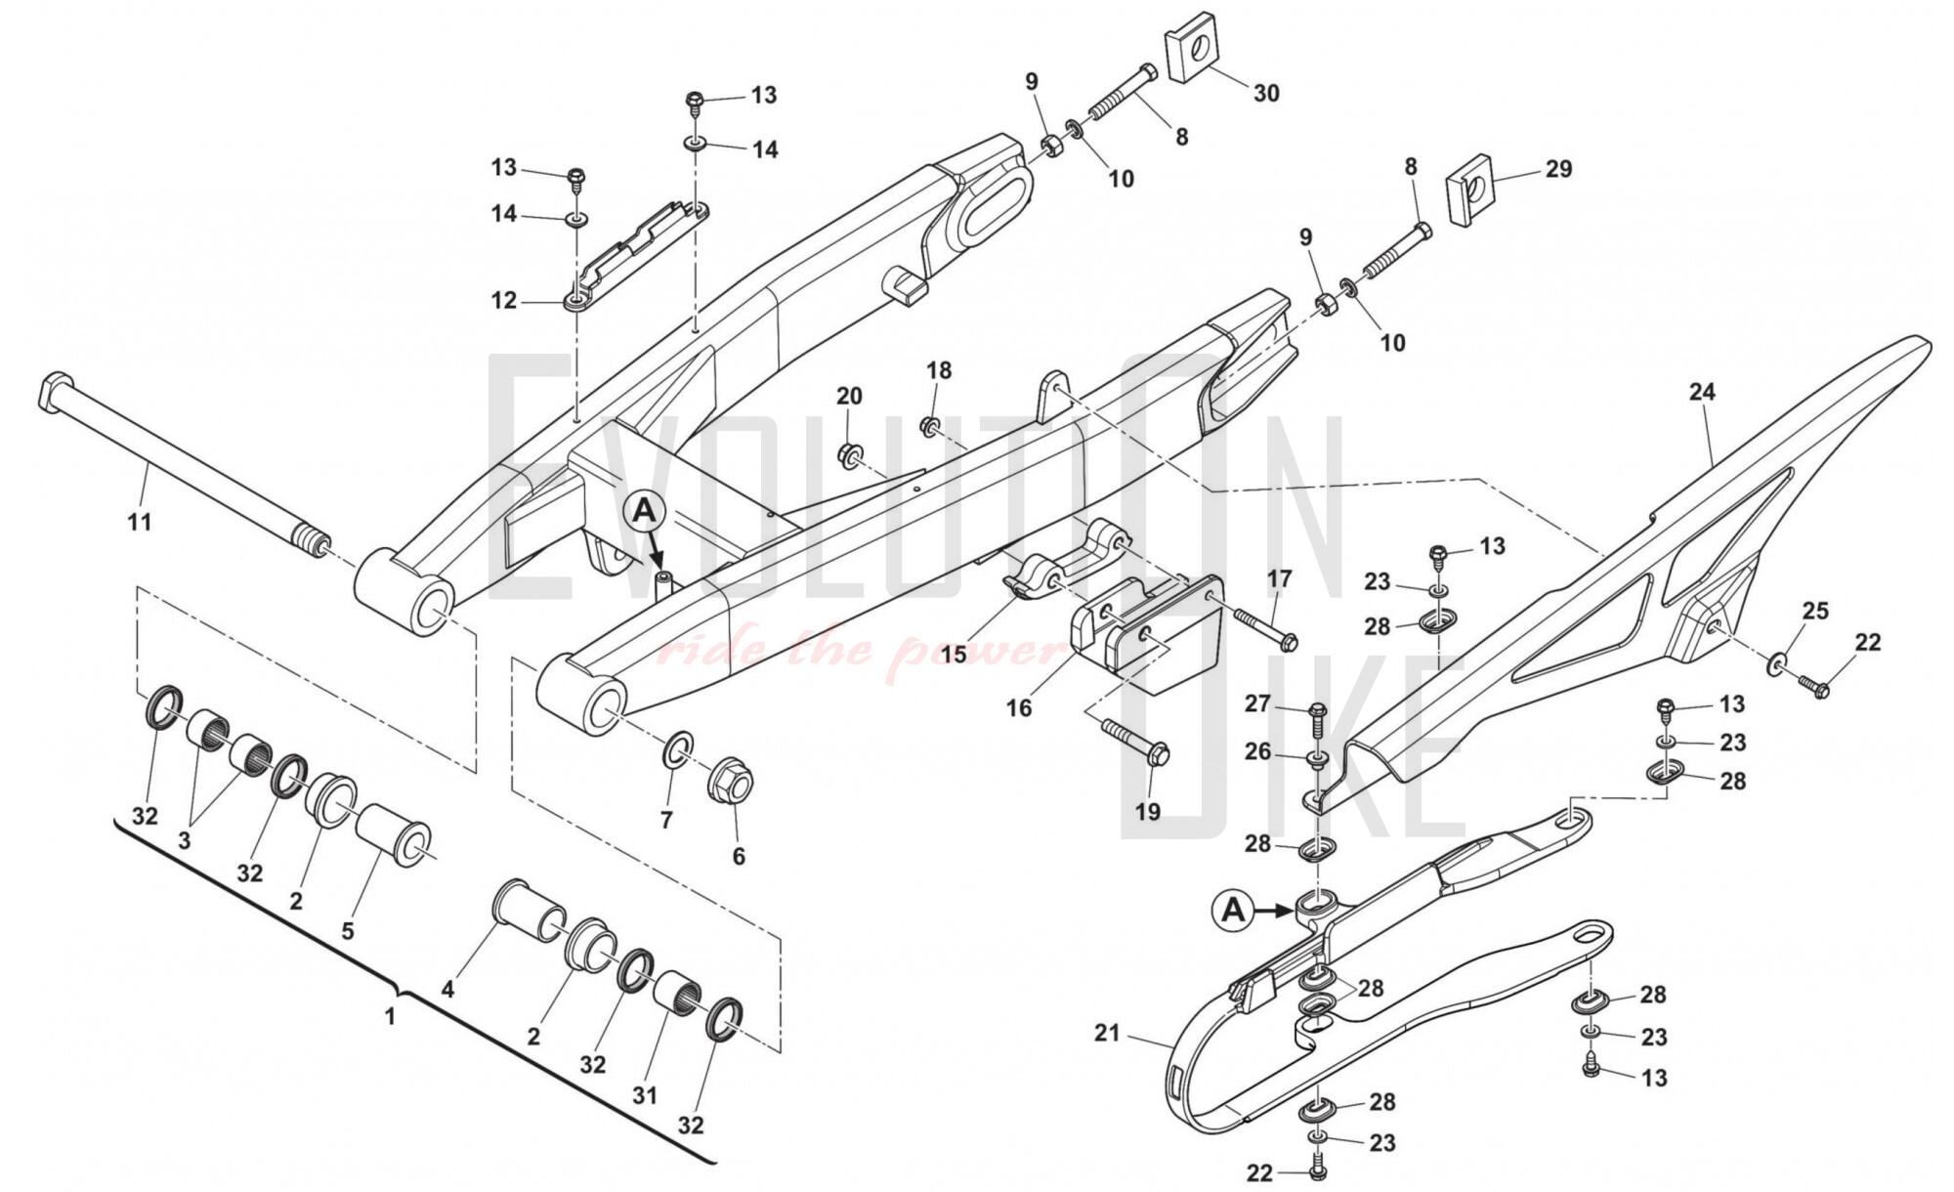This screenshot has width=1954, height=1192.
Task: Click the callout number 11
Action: click(140, 522)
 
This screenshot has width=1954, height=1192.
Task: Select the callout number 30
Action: click(1266, 94)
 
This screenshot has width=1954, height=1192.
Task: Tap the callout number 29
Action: click(1558, 169)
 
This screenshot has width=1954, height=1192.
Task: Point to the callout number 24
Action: click(1702, 392)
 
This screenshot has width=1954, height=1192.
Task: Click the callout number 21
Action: click(1107, 1033)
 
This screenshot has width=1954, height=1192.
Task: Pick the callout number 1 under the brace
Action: click(390, 1016)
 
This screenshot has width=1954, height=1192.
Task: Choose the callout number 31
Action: click(644, 1096)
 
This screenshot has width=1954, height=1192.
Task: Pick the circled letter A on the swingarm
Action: click(644, 509)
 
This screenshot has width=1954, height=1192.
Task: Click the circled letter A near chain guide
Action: click(1234, 911)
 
